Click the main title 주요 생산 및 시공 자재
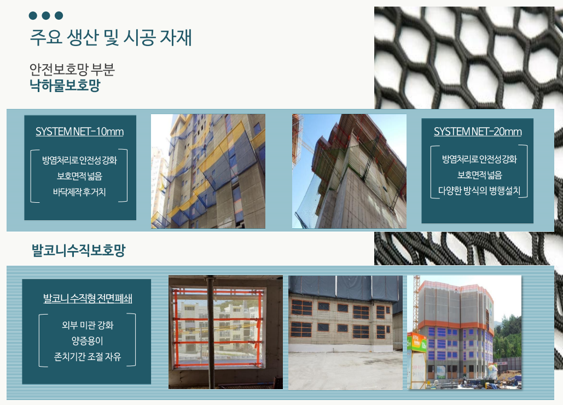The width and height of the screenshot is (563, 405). pyautogui.click(x=111, y=37)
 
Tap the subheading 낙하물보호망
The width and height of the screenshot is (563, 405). pyautogui.click(x=65, y=85)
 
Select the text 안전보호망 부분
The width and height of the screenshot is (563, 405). pyautogui.click(x=72, y=69)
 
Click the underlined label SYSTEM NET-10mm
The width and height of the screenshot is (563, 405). pyautogui.click(x=80, y=132)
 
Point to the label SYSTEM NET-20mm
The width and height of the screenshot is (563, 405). pyautogui.click(x=478, y=132)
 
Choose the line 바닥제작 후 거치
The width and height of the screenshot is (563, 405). pyautogui.click(x=79, y=192)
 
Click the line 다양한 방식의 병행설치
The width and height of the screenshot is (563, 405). pyautogui.click(x=479, y=190)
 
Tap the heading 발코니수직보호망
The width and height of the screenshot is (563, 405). pyautogui.click(x=79, y=250)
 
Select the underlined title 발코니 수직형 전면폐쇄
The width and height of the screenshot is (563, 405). pyautogui.click(x=88, y=298)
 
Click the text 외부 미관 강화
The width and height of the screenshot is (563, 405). pyautogui.click(x=88, y=325)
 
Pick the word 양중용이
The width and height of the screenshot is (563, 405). pyautogui.click(x=87, y=341)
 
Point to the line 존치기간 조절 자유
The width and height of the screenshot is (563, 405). pyautogui.click(x=88, y=356)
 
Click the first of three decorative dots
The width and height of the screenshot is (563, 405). pyautogui.click(x=33, y=15)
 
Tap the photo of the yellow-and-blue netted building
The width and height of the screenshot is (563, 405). pyautogui.click(x=208, y=171)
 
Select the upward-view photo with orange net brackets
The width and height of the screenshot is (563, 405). pyautogui.click(x=350, y=171)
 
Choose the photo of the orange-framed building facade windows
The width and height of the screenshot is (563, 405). pyautogui.click(x=345, y=332)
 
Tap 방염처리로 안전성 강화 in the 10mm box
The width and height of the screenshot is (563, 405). pyautogui.click(x=79, y=160)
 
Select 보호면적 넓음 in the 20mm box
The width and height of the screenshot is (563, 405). pyautogui.click(x=479, y=175)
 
